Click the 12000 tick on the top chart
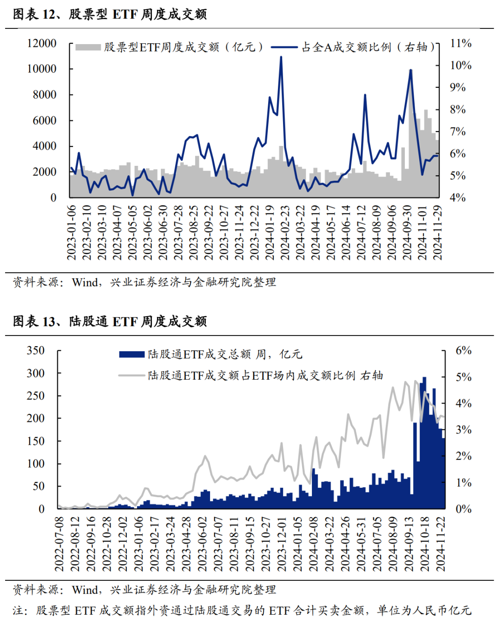pos(42,43)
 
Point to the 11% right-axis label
pos(460,43)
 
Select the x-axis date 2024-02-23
pos(285,232)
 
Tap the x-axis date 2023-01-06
pos(72,232)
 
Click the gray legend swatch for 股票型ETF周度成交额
pos(88,47)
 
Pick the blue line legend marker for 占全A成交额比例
pos(284,47)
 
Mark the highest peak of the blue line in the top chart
pos(281,58)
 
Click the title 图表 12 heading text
pos(110,14)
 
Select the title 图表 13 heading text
pos(110,321)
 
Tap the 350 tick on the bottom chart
pos(36,350)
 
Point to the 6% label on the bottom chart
pos(463,350)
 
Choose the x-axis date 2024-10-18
pos(424,544)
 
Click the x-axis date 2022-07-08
pos(59,544)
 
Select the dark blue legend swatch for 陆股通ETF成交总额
pos(132,355)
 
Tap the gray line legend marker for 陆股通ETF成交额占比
pos(132,375)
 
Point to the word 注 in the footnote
pos(17,611)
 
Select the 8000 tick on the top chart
pos(44,95)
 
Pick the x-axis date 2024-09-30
pos(407,232)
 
